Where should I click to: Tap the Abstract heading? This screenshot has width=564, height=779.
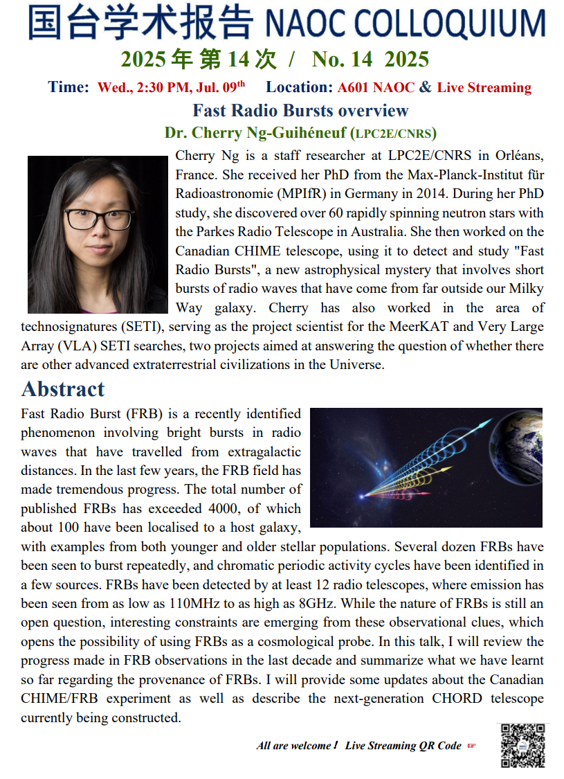click(63, 388)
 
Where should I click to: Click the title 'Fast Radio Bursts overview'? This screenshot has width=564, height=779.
click(300, 111)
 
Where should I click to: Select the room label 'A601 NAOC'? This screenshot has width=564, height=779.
click(376, 87)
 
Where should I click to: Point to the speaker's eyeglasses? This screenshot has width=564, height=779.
click(98, 219)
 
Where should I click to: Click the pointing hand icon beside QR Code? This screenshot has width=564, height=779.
click(472, 746)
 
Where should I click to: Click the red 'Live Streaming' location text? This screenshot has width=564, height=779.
click(484, 87)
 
